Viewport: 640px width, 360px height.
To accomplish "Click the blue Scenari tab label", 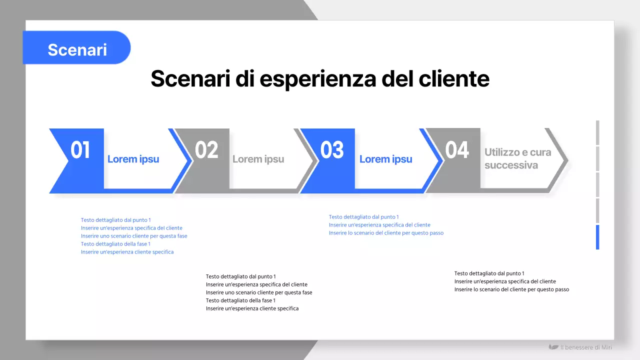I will point(77,49).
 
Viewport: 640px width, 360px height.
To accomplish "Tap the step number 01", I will point(80,150).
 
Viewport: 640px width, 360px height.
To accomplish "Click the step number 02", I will point(206,150).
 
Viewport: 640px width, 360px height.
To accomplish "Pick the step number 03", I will point(332,150).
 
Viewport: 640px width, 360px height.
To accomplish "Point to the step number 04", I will point(457,150).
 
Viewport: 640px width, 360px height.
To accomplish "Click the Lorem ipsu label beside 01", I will point(133,159).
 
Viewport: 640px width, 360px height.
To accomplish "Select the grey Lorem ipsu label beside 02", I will point(258,159).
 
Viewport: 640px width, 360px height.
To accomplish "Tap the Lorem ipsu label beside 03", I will point(385,159).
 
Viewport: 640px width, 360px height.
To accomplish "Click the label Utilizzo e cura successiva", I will point(517,158).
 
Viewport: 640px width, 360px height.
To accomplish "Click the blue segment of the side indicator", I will point(597,237).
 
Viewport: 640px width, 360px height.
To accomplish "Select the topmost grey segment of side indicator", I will point(597,132).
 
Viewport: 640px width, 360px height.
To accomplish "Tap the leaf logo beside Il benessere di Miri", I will point(553,347).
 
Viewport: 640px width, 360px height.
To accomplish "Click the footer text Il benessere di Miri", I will point(586,347).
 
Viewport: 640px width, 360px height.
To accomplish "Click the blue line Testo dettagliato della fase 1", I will point(115,244).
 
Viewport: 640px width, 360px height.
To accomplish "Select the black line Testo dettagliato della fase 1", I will point(240,300).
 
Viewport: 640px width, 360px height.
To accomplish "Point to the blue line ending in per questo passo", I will point(386,233).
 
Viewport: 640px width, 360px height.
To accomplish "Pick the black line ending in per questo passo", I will point(511,289).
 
